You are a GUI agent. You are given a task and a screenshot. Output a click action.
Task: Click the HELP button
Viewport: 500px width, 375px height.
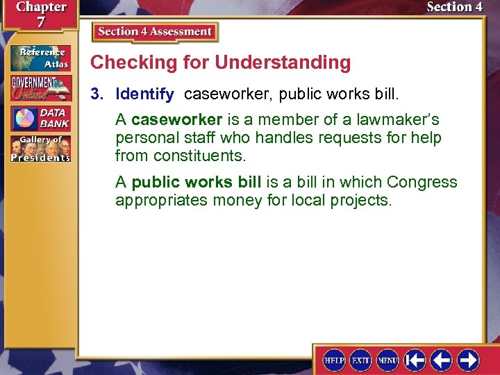[x=334, y=360]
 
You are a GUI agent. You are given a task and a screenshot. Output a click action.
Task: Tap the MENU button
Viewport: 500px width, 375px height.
[x=387, y=360]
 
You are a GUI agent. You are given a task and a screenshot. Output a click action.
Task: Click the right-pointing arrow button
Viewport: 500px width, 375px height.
[x=468, y=360]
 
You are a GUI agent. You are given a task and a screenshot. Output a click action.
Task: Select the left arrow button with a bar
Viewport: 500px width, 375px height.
[x=415, y=360]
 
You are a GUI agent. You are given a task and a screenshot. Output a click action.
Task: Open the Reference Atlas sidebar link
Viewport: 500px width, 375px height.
[x=40, y=58]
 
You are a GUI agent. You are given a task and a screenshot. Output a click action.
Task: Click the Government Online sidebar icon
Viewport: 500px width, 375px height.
[x=40, y=88]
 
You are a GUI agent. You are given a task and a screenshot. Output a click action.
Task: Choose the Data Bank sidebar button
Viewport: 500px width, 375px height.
[x=40, y=119]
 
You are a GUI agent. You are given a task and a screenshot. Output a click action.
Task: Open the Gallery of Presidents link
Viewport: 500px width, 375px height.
[x=40, y=149]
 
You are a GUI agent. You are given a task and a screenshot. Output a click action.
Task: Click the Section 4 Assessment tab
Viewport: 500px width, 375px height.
[x=155, y=32]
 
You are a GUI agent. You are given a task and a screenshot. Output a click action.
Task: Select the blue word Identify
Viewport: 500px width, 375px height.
[x=144, y=94]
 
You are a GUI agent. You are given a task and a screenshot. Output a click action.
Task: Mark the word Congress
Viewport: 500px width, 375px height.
[x=422, y=183]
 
